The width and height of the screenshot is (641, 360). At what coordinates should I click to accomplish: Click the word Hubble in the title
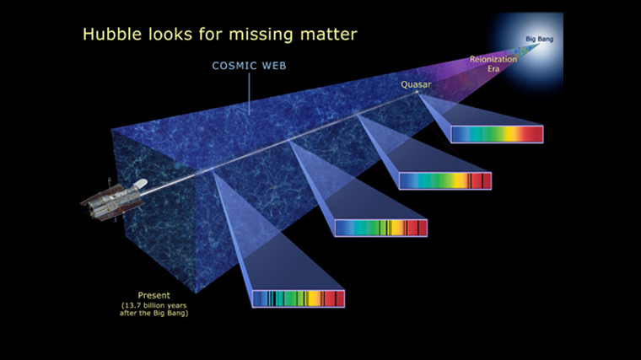pyautogui.click(x=112, y=34)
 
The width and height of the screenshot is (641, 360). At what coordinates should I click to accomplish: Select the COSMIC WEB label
pyautogui.click(x=249, y=66)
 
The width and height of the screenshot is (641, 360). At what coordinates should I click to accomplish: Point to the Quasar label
pyautogui.click(x=416, y=84)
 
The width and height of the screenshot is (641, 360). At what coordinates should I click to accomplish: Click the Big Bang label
pyautogui.click(x=539, y=40)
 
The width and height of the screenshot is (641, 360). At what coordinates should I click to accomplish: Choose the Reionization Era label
pyautogui.click(x=493, y=64)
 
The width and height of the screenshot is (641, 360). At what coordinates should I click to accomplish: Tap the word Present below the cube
pyautogui.click(x=154, y=295)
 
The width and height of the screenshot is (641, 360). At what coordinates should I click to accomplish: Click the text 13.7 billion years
pyautogui.click(x=154, y=305)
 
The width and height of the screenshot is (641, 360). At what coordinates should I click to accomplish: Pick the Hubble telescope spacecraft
pyautogui.click(x=114, y=199)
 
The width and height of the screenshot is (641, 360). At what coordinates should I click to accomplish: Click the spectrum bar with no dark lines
pyautogui.click(x=497, y=134)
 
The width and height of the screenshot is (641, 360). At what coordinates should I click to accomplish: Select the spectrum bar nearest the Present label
pyautogui.click(x=299, y=298)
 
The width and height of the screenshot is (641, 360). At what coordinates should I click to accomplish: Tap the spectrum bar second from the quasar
pyautogui.click(x=445, y=180)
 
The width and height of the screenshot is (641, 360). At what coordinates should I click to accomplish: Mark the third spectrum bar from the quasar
pyautogui.click(x=381, y=228)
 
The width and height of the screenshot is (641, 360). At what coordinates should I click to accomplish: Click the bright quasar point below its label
pyautogui.click(x=417, y=92)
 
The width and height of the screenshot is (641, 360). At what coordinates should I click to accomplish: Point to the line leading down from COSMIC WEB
pyautogui.click(x=249, y=94)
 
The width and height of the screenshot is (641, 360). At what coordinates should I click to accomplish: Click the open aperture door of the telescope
pyautogui.click(x=142, y=184)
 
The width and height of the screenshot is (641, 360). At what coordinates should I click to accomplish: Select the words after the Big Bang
pyautogui.click(x=154, y=314)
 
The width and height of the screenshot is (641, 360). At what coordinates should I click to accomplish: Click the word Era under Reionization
pyautogui.click(x=493, y=68)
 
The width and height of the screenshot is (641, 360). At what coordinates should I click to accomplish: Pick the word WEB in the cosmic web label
pyautogui.click(x=274, y=66)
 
